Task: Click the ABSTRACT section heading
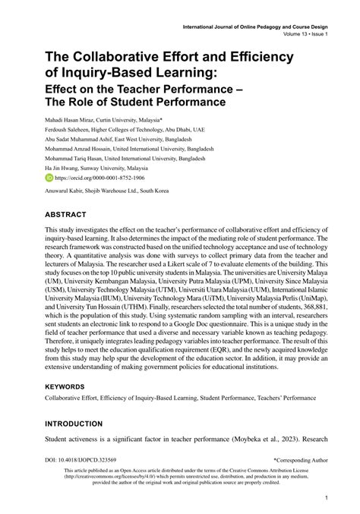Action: click(69, 215)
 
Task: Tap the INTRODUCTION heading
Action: click(82, 423)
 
